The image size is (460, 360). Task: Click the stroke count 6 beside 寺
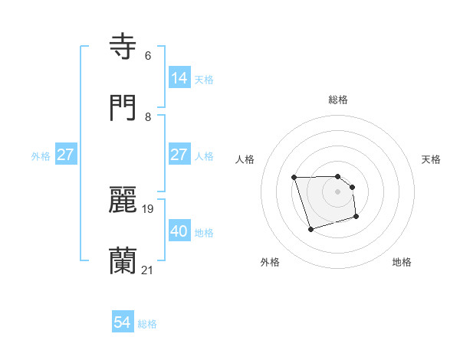point(147,56)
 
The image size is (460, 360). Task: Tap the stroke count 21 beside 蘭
point(148,270)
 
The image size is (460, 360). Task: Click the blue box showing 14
point(179,77)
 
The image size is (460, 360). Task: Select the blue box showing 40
point(179,231)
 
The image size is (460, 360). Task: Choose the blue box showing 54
point(123,323)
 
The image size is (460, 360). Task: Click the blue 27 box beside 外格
point(66,155)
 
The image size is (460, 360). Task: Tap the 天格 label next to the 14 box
point(204,79)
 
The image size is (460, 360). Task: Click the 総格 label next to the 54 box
point(147,325)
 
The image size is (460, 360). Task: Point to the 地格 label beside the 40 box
point(204,233)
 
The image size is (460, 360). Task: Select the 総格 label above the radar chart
point(338,100)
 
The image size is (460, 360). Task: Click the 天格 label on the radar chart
point(432,159)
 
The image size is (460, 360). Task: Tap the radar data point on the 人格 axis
point(294,178)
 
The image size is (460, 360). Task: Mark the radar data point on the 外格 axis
point(310,229)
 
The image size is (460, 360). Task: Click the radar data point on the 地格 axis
point(357,218)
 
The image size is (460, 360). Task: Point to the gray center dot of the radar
point(338,191)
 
